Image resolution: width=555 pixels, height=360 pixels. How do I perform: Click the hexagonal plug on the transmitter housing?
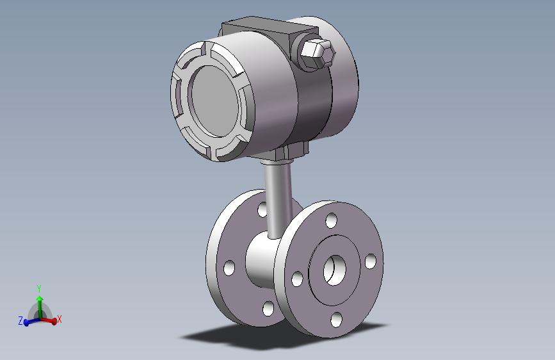point(318,53)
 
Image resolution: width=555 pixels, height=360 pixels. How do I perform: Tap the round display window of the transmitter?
point(214,101)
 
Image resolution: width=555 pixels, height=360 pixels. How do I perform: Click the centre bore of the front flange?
point(335,270)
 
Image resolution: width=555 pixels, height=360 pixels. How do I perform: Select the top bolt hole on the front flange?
point(332,220)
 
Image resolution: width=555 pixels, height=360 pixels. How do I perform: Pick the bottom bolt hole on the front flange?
point(336,320)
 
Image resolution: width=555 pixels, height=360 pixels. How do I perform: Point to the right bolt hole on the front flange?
point(371,261)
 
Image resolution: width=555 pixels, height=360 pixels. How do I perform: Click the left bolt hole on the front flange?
point(297,279)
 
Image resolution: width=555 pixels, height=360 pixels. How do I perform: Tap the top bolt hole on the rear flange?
point(262,209)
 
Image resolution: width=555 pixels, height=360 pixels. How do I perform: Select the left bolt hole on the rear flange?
point(229,268)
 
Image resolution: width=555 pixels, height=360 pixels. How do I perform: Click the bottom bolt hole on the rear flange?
point(268,308)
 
